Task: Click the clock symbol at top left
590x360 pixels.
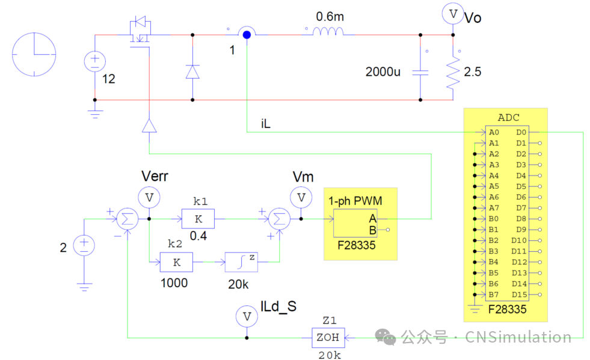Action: coord(34,55)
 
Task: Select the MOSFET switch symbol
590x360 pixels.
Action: coord(140,32)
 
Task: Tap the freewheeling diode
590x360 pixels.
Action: coord(192,72)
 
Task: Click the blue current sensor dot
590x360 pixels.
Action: coord(246,34)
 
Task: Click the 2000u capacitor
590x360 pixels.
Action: coord(420,72)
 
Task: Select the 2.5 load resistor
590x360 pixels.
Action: coord(452,72)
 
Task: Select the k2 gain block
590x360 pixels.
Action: coord(176,262)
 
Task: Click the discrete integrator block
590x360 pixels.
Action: coord(241,262)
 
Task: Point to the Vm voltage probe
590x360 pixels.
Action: coord(301,197)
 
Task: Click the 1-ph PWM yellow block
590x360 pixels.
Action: coord(360,226)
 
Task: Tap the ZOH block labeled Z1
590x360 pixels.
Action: coord(328,338)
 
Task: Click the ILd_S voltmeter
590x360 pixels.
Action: coord(246,316)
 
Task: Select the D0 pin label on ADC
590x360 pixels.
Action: coord(521,132)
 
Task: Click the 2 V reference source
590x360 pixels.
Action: coord(84,245)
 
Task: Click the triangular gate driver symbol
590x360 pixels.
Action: coord(149,125)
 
